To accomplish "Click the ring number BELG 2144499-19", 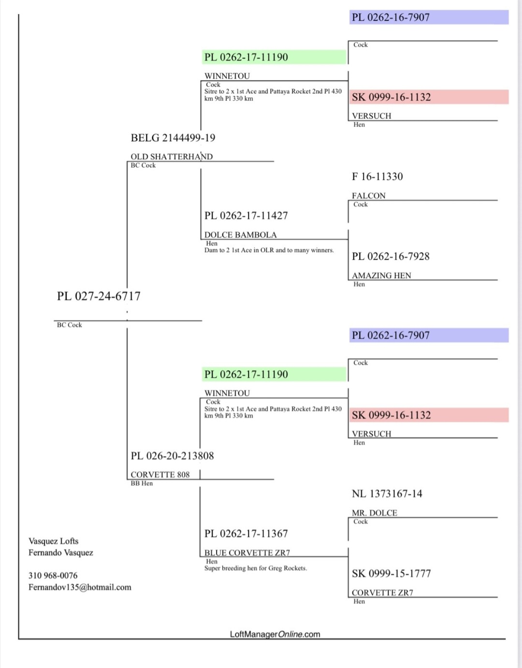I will point(173,138).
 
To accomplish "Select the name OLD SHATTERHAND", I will point(172,156).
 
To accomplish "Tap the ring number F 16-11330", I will point(377,177).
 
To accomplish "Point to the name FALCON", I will point(369,195).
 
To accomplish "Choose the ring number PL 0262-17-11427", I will point(246,216).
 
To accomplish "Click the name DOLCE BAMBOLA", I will point(241,235).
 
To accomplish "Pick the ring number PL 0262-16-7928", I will point(391,256).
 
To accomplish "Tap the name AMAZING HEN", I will point(381,275).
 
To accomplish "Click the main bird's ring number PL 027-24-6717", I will point(99,296).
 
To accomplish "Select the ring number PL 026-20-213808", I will point(172,456).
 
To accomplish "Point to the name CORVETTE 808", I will point(160,475).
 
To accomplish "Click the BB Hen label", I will point(142,483).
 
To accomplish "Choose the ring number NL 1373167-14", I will point(387,494).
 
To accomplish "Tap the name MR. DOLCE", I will point(375,513).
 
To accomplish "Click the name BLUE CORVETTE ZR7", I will point(247,552).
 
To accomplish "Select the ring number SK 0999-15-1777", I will point(391,574).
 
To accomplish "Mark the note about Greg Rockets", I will point(256,568).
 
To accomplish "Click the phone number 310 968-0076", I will point(53,576).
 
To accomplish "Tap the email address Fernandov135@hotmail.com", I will point(80,587).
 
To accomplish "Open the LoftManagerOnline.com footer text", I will point(275,634).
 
